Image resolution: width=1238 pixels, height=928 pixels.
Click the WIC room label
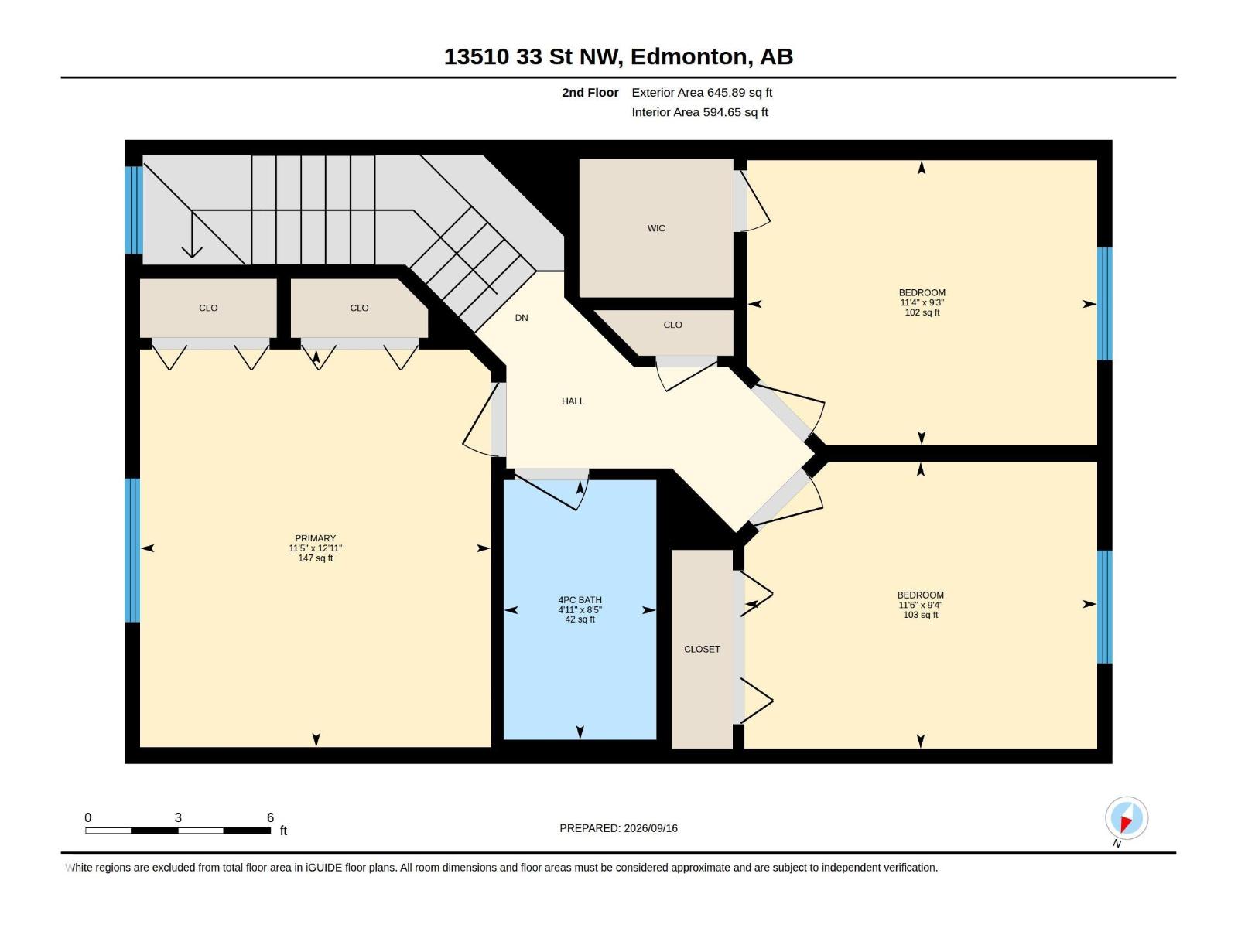(x=656, y=228)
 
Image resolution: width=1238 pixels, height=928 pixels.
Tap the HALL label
(x=573, y=401)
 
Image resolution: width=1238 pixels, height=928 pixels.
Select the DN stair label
(x=522, y=318)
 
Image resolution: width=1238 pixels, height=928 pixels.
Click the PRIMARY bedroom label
(x=315, y=538)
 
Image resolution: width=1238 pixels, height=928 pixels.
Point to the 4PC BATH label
(x=580, y=600)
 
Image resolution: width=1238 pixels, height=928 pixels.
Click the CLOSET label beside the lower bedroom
(x=702, y=649)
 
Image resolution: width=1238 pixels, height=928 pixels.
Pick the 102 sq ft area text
(x=922, y=312)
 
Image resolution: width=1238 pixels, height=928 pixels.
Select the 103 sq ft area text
(x=921, y=615)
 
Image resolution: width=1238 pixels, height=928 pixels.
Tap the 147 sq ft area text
(x=315, y=558)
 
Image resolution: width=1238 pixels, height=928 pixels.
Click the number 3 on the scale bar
(x=178, y=817)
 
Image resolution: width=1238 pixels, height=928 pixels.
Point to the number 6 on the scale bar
(x=270, y=817)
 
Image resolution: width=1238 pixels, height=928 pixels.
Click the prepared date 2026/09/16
(x=650, y=828)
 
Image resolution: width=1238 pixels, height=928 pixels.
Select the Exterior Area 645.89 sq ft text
(x=702, y=92)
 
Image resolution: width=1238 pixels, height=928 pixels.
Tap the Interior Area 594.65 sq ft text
(x=699, y=112)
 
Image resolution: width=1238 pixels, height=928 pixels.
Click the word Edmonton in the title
(x=689, y=56)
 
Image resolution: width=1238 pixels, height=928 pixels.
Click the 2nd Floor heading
(x=590, y=92)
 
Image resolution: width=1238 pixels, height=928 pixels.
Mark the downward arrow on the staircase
(x=192, y=234)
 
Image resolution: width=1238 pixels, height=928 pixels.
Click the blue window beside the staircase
(x=134, y=210)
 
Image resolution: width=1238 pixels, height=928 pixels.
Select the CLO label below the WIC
(x=672, y=325)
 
